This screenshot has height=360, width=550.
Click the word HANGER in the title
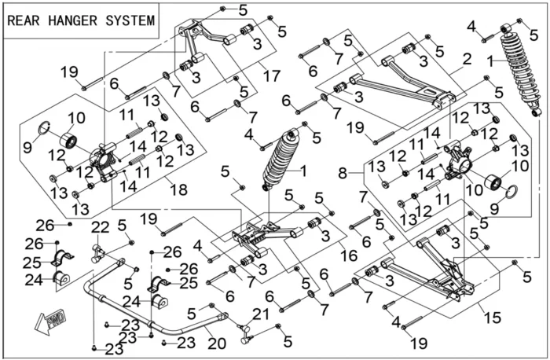(x=72, y=21)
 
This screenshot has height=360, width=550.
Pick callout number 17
(x=272, y=76)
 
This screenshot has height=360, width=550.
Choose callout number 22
(x=100, y=228)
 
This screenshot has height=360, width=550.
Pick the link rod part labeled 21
(x=248, y=332)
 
